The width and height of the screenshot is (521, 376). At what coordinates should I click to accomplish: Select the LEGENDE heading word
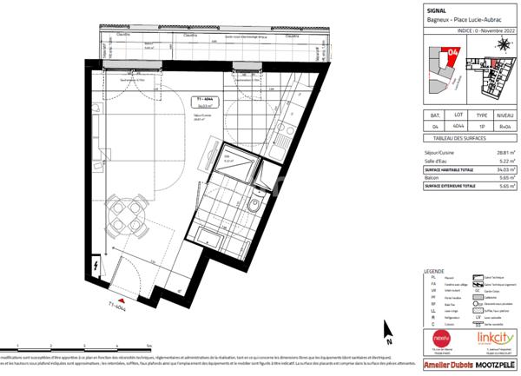click(x=432, y=272)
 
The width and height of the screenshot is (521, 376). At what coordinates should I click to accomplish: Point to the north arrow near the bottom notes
click(x=388, y=333)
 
